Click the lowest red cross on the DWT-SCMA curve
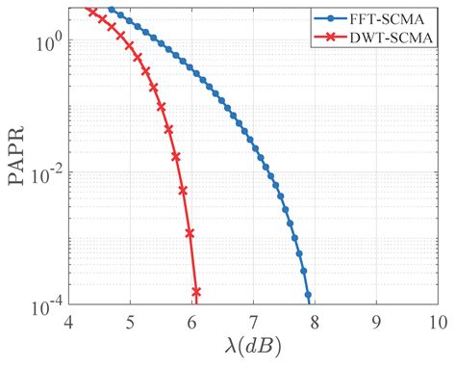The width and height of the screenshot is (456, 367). click(x=196, y=291)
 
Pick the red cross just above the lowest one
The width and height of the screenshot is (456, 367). click(x=190, y=232)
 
